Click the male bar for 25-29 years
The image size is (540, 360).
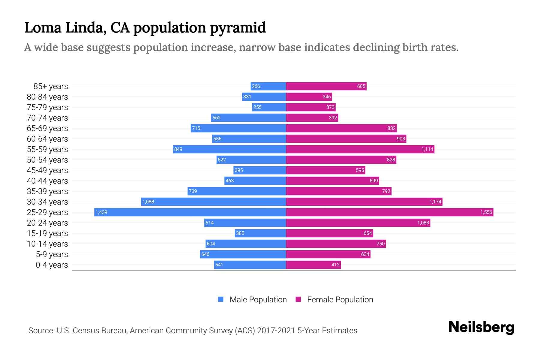tap(190, 212)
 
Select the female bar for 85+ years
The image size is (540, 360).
tap(326, 86)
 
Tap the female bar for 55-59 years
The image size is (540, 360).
tap(360, 149)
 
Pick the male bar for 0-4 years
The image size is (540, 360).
tap(250, 265)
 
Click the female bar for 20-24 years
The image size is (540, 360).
tap(358, 223)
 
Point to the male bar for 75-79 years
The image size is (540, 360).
tap(269, 107)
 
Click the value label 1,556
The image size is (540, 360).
tap(486, 212)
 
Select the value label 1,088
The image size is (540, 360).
tap(148, 202)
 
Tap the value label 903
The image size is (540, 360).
tap(401, 139)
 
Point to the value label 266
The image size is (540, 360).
tap(256, 86)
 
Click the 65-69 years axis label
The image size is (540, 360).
tap(47, 128)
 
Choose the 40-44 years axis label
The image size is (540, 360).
tap(47, 181)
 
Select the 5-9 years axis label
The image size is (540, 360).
tap(52, 254)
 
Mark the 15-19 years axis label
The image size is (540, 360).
tap(47, 233)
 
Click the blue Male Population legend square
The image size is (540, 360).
tap(221, 299)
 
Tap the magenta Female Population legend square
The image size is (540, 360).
tap(298, 299)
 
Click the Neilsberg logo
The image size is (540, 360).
tap(481, 327)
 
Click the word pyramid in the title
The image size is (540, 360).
tap(238, 28)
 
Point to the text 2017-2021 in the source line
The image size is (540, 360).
tap(276, 331)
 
